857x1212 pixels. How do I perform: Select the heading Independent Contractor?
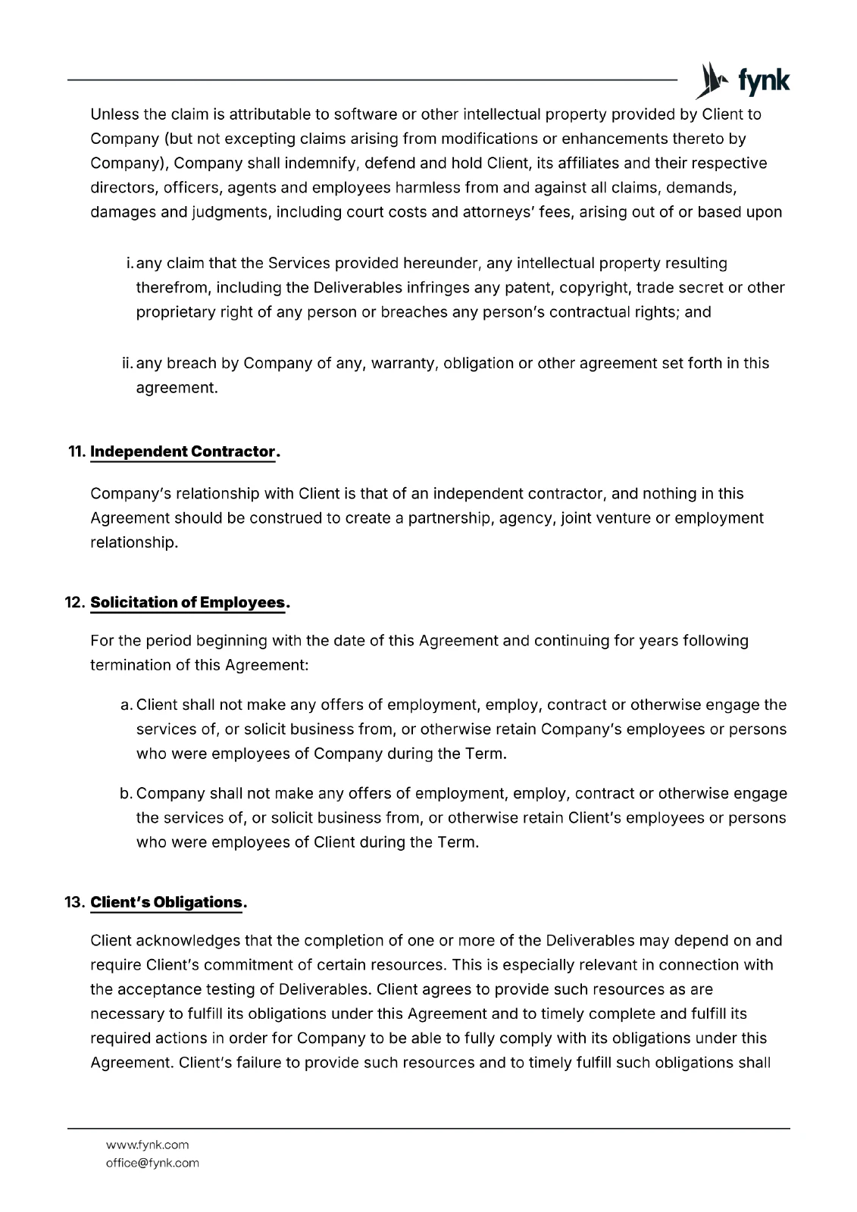(182, 452)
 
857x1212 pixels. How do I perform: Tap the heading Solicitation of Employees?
(188, 603)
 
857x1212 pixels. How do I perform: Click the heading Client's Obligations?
(166, 902)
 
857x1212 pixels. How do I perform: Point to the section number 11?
(76, 452)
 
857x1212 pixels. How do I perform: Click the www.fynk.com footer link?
(147, 1145)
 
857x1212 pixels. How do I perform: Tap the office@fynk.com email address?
(152, 1163)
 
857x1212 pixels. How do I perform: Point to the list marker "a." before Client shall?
(127, 705)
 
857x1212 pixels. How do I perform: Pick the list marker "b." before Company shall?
(127, 794)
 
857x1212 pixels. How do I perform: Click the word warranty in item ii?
(402, 364)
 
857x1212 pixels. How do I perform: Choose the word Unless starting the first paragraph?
(114, 115)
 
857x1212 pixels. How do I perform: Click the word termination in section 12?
(130, 665)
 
